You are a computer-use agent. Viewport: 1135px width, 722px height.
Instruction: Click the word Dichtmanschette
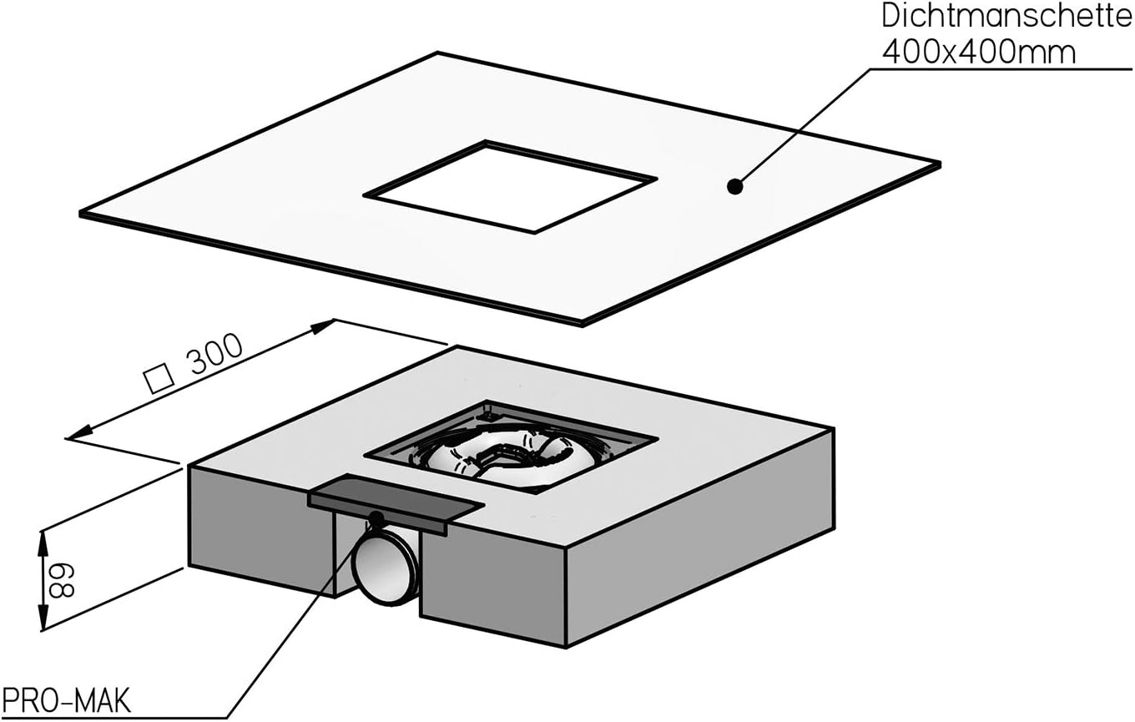1006,18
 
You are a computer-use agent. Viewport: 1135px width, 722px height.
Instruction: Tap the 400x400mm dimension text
979,52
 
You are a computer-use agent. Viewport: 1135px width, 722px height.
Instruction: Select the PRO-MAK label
66,700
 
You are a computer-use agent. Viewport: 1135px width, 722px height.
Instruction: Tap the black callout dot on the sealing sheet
734,187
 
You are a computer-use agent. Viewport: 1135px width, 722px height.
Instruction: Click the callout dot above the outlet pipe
376,518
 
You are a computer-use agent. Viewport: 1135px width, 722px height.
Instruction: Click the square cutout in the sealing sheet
510,186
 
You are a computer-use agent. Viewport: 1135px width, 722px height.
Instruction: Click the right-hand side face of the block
701,568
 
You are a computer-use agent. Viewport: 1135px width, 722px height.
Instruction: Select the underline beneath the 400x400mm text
1001,69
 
